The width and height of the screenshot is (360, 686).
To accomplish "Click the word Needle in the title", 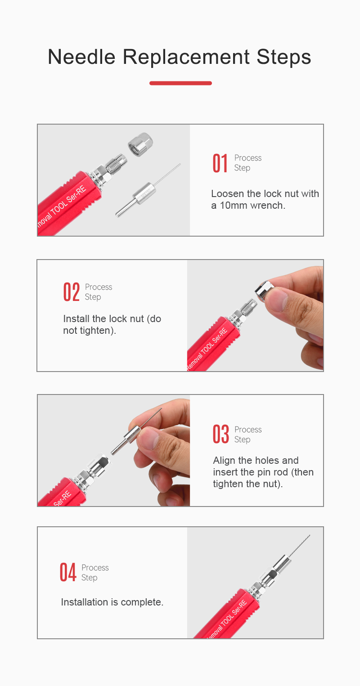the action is tap(82, 57).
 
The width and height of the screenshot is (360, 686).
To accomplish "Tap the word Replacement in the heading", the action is tap(186, 57).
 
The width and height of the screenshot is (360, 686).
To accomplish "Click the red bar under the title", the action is tap(180, 83).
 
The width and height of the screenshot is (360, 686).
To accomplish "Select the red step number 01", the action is tap(220, 163).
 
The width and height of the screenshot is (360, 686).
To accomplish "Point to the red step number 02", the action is tap(72, 292).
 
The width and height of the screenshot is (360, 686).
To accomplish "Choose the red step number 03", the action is tap(221, 434).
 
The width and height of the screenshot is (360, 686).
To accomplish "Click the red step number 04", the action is tap(68, 572).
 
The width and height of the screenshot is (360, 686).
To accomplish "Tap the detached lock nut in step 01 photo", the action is tap(140, 144).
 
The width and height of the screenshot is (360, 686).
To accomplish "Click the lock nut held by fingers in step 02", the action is tap(264, 291).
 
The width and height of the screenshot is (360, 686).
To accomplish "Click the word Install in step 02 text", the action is tap(76, 319).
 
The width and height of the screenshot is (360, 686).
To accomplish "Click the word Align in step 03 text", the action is tap(224, 461).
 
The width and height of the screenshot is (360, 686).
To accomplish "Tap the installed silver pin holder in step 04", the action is tap(282, 563).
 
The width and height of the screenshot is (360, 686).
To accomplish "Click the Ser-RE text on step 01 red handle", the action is tap(76, 194).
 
